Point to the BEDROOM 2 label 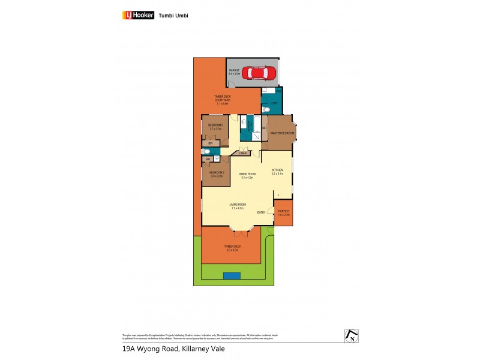click(216, 127)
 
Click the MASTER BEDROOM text click(282, 133)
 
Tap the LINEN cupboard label click(242, 154)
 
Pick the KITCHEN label click(277, 170)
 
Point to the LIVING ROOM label click(238, 206)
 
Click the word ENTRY click(261, 212)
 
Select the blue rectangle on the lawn click(232, 275)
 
